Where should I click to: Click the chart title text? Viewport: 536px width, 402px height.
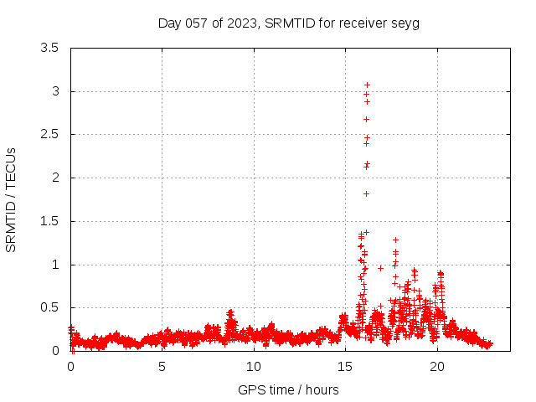tap(288, 23)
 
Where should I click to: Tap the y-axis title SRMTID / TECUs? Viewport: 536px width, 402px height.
tap(11, 199)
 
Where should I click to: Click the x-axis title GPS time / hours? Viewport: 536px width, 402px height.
tap(288, 389)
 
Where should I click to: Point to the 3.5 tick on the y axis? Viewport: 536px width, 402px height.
tap(49, 48)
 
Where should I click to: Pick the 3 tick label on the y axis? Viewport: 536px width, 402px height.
tap(55, 91)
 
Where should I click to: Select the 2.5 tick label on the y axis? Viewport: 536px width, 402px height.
tap(49, 134)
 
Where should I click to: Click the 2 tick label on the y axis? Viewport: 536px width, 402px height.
tap(55, 178)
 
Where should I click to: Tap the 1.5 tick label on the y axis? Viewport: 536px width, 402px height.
tap(49, 221)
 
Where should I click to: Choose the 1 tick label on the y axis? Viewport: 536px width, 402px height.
tap(55, 265)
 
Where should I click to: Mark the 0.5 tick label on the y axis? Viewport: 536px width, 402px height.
tap(49, 307)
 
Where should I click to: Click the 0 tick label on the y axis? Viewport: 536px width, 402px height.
tap(55, 351)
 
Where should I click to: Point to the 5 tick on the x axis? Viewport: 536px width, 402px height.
tap(162, 367)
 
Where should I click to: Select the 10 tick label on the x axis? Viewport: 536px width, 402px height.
tap(254, 367)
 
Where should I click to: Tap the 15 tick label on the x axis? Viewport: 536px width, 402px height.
tap(345, 367)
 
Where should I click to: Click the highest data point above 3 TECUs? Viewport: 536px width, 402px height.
tap(367, 85)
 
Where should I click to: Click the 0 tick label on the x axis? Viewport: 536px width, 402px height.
tap(70, 367)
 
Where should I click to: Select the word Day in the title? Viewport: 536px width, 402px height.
tap(170, 23)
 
